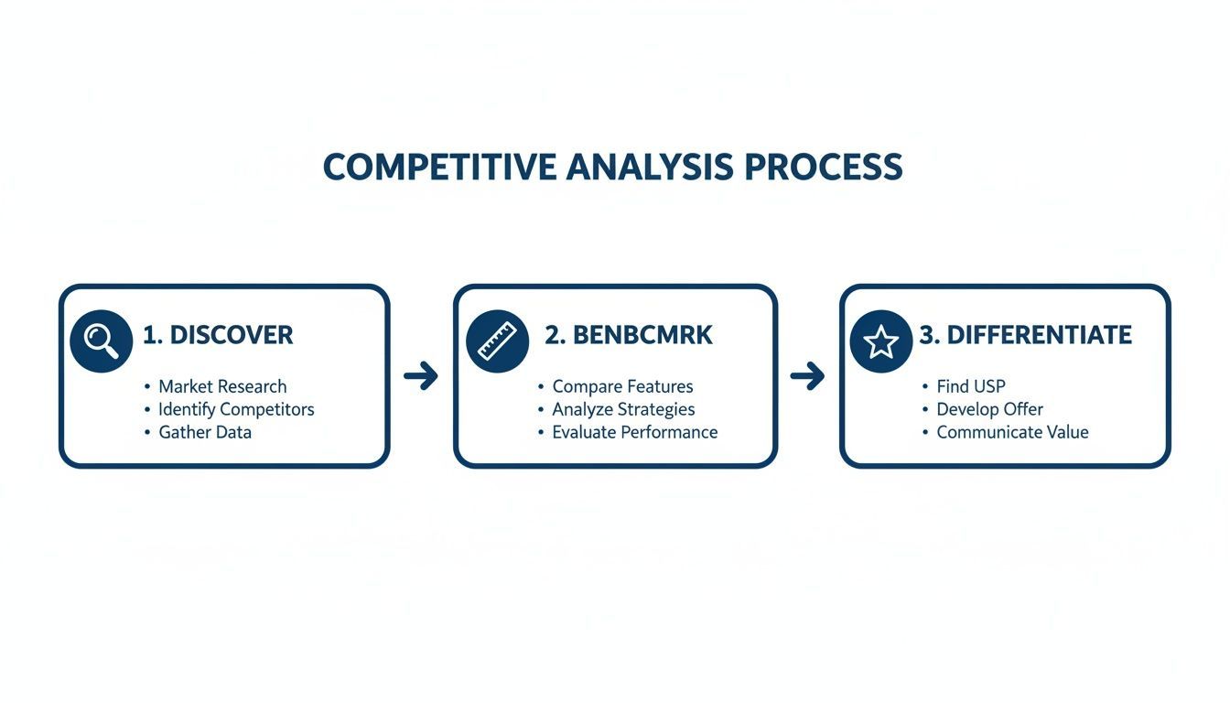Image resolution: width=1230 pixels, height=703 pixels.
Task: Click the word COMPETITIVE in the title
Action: (x=439, y=168)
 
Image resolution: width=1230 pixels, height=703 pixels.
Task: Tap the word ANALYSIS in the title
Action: (x=650, y=168)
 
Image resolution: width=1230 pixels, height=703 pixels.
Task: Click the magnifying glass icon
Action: (x=101, y=341)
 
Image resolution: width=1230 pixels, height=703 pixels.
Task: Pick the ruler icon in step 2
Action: (x=497, y=341)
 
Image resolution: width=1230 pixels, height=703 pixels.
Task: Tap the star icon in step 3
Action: (x=880, y=341)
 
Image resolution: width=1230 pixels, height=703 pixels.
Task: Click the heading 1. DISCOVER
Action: (x=218, y=335)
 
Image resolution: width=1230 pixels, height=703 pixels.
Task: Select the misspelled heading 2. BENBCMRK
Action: (x=628, y=335)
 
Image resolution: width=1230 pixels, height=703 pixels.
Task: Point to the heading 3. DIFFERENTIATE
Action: (x=1025, y=335)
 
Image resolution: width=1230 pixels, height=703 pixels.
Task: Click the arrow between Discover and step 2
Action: (x=421, y=375)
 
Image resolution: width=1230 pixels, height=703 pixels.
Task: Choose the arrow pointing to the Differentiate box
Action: (x=807, y=375)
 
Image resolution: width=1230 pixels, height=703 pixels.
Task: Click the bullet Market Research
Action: (x=222, y=386)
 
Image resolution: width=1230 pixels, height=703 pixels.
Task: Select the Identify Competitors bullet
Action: (x=236, y=409)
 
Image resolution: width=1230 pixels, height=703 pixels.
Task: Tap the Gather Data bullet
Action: (x=205, y=432)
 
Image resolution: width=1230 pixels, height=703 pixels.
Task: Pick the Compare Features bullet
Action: (x=622, y=386)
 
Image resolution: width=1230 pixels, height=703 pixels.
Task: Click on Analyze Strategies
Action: (x=623, y=409)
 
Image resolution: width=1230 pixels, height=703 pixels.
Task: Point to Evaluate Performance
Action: (x=634, y=432)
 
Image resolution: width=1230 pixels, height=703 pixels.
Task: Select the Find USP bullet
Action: (x=970, y=386)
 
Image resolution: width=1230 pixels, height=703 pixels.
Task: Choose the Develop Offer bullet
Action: (x=989, y=409)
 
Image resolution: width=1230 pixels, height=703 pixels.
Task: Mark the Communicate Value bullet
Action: (x=1012, y=432)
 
